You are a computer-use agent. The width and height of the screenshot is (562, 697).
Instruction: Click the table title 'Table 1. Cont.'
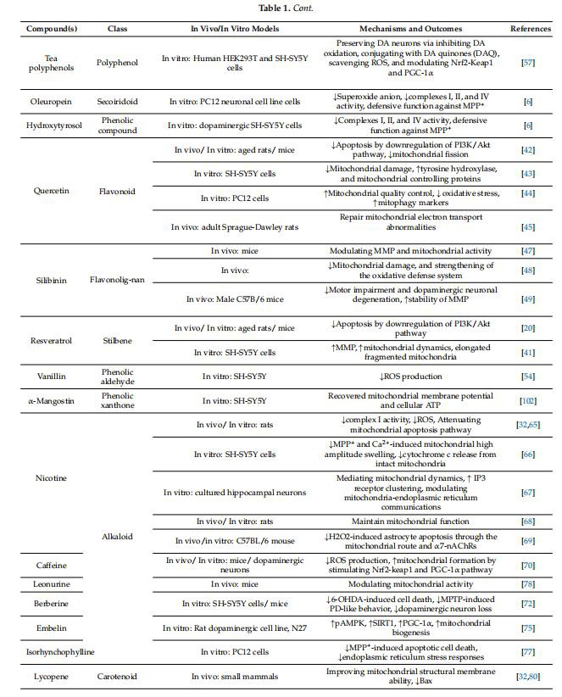click(280, 8)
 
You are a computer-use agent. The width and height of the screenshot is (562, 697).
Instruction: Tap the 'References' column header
click(530, 28)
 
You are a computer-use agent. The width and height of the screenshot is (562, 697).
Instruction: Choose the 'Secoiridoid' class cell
click(117, 101)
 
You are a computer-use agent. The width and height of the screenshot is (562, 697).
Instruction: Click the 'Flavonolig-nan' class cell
click(117, 276)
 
